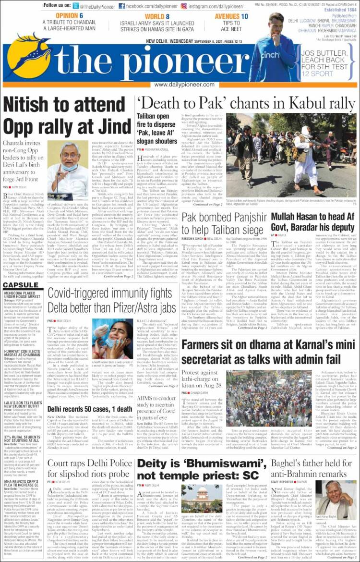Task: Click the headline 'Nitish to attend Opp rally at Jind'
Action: click(67, 115)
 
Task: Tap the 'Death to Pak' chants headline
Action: click(245, 103)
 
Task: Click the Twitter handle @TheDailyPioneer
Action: click(96, 6)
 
